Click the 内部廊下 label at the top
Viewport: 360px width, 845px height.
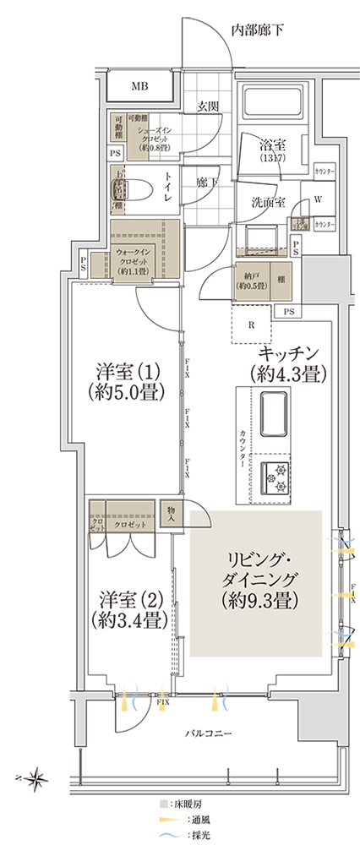pyautogui.click(x=258, y=30)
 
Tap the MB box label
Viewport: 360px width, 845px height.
pyautogui.click(x=139, y=86)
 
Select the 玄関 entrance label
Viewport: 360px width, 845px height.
pyautogui.click(x=209, y=106)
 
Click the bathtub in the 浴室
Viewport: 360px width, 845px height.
pyautogui.click(x=270, y=105)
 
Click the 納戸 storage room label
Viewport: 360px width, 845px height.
pyautogui.click(x=251, y=281)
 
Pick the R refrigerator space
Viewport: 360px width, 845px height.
pyautogui.click(x=251, y=324)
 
